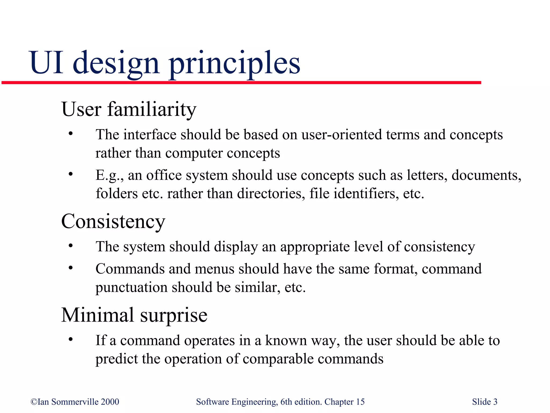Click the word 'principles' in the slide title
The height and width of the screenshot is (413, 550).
[234, 63]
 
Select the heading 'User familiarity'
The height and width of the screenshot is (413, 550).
[129, 109]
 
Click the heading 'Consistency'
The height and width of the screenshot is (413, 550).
[113, 221]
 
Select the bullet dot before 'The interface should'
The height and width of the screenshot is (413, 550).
[71, 134]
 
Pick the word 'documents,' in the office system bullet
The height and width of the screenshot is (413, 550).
[486, 175]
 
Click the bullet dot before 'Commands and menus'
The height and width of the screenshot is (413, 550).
[71, 268]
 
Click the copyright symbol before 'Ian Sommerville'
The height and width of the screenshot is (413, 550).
[34, 402]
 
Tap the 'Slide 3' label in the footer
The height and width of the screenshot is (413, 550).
[484, 402]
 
